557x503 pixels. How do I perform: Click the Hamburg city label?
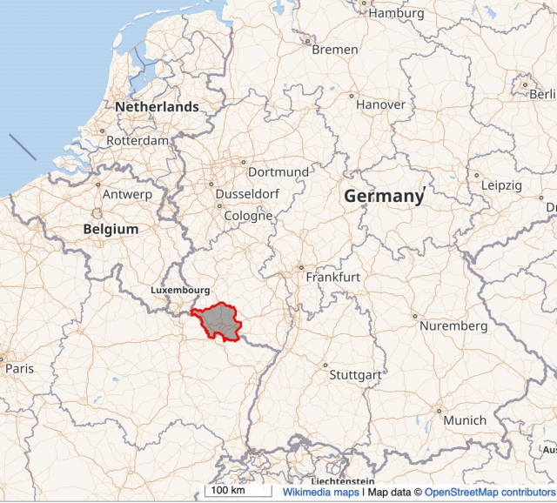396,13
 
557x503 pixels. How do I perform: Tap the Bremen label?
334,50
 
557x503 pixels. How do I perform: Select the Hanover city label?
380,104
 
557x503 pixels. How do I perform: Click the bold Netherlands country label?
157,107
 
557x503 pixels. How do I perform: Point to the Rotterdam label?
138,140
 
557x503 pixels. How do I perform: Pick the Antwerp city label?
127,194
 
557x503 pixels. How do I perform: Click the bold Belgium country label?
111,229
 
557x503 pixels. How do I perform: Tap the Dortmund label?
278,172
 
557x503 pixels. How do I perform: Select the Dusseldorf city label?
248,194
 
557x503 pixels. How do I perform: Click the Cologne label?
248,216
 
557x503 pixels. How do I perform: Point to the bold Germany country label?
384,196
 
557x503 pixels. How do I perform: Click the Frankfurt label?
332,277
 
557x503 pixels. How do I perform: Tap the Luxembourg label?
180,289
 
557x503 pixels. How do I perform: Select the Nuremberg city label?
453,325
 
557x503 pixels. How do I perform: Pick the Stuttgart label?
355,375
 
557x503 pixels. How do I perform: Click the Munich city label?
465,420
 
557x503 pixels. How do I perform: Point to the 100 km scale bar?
235,491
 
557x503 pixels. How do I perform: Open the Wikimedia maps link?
320,492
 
